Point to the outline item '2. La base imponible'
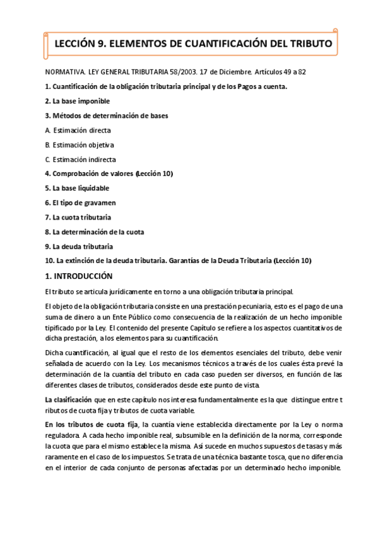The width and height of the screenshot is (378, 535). tap(78, 101)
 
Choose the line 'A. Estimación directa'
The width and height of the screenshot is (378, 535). tap(78, 131)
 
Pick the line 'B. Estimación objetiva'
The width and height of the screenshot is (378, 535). tap(80, 145)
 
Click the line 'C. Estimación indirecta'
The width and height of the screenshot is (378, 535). tap(81, 160)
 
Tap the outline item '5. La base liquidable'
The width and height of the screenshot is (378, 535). tap(77, 188)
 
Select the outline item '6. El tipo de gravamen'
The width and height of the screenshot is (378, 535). tap(80, 203)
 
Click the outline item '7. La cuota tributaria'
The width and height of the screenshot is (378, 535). tap(78, 217)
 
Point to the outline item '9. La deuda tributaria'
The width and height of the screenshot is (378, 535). tap(79, 246)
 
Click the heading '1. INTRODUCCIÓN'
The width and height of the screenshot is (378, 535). tap(78, 276)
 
